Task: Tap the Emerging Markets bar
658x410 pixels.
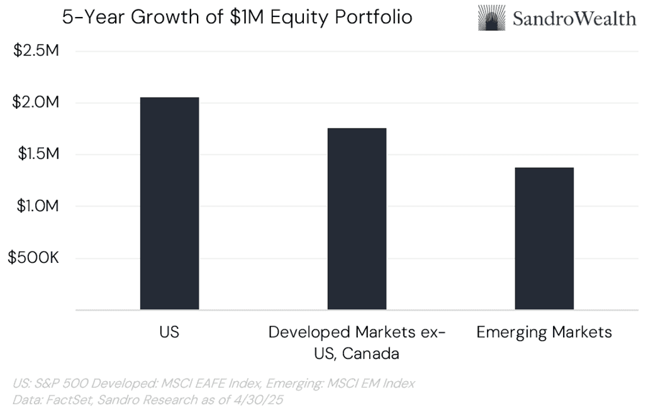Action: [544, 238]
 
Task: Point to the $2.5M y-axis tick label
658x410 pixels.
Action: [36, 50]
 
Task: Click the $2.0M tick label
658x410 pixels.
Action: [36, 102]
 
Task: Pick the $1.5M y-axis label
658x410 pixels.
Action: [36, 154]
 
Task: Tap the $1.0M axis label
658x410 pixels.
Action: [36, 206]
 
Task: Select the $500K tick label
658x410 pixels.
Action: [33, 258]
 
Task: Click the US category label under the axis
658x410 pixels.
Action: [169, 332]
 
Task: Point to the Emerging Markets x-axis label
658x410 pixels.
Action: [544, 332]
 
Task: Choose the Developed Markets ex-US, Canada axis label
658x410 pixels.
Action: [357, 342]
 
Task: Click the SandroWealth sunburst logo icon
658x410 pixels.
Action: [491, 18]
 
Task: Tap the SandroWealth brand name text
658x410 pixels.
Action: [574, 18]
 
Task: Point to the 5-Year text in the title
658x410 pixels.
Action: [89, 17]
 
